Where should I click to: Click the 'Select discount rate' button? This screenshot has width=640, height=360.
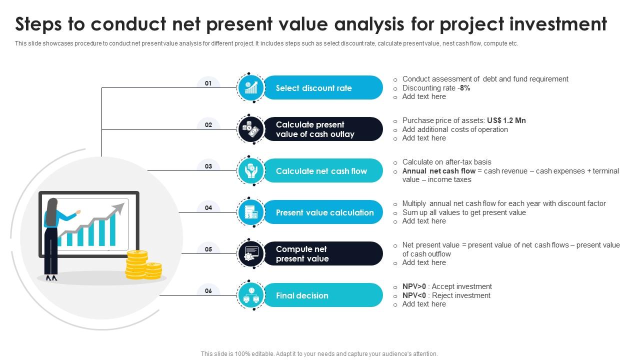coord(322,88)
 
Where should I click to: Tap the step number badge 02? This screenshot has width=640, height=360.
coord(208,125)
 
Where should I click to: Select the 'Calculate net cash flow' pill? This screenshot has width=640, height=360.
coord(322,171)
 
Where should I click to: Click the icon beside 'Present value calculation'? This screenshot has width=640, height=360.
coord(251,212)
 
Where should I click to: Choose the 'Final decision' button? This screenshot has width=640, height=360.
coord(322,295)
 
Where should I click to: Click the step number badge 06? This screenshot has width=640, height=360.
coord(208,291)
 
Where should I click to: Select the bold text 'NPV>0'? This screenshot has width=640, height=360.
coord(414,286)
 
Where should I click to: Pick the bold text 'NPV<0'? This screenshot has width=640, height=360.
coord(414,295)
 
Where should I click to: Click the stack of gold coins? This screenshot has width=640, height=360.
coord(143,265)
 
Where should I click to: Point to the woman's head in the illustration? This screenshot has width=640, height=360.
coord(52,204)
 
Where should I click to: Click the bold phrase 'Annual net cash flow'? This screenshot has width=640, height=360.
coord(439,171)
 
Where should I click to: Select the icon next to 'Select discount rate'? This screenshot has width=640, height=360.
coord(251,88)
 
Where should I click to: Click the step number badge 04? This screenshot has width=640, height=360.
coord(208,208)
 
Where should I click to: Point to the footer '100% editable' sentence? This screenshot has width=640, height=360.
coord(319,353)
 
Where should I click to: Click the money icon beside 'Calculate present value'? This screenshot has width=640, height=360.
coord(251,129)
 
